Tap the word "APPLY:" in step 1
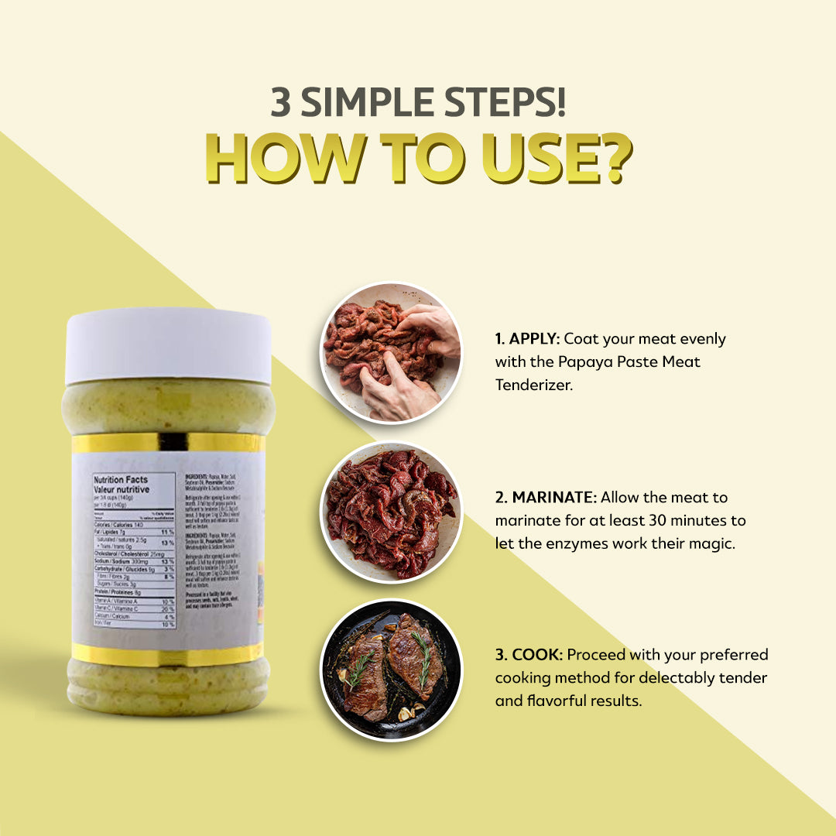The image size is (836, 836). (x=534, y=339)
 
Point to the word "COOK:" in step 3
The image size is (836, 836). (x=537, y=655)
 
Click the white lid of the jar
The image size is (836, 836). (x=168, y=345)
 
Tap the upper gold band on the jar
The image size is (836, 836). (x=168, y=443)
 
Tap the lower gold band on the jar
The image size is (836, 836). (x=168, y=654)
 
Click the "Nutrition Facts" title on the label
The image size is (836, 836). (x=122, y=480)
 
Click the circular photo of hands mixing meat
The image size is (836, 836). (x=391, y=352)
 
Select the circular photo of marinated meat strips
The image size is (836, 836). (x=391, y=512)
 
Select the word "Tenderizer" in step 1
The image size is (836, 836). (x=533, y=385)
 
